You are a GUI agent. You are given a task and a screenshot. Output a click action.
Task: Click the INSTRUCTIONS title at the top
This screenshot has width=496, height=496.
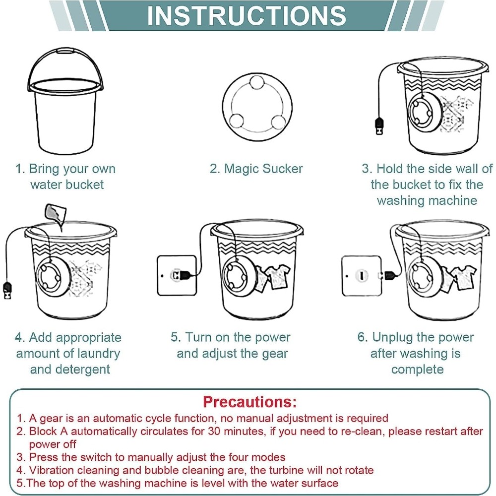(247, 15)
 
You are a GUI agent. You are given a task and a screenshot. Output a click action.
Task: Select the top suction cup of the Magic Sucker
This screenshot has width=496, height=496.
(256, 82)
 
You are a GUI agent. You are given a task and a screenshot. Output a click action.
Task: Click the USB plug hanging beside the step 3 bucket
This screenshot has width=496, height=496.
(379, 126)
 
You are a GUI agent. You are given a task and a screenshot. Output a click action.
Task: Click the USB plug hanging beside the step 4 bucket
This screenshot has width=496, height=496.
(7, 291)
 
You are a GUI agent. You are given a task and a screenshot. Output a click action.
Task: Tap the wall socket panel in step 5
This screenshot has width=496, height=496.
(177, 275)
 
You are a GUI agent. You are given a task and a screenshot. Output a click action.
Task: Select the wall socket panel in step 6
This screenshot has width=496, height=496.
(362, 276)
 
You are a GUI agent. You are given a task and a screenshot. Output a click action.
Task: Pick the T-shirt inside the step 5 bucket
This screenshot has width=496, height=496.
(278, 277)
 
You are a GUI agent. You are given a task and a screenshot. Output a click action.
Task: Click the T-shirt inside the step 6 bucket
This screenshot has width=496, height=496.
(464, 277)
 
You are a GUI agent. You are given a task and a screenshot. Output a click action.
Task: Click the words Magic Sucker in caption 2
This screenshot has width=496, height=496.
(263, 169)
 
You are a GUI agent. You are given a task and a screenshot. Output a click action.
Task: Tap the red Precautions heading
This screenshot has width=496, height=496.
(250, 402)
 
